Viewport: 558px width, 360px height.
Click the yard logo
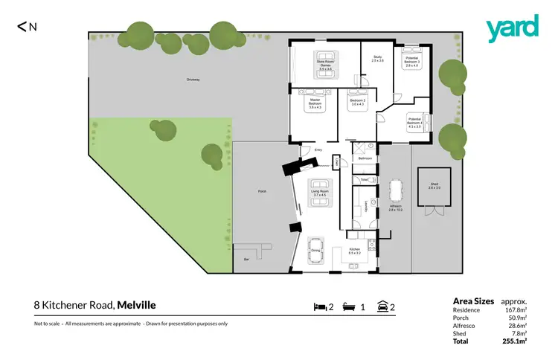tap(512, 28)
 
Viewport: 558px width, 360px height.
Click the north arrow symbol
tap(28, 27)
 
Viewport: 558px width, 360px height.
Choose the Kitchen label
tap(355, 251)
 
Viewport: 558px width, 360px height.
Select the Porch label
tap(262, 192)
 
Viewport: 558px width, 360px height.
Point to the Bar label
tap(246, 260)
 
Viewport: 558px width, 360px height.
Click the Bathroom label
tap(365, 158)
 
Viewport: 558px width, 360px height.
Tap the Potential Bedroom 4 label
tap(414, 124)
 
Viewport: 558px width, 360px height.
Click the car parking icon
tap(382, 306)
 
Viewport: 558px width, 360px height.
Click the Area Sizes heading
tap(473, 301)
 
